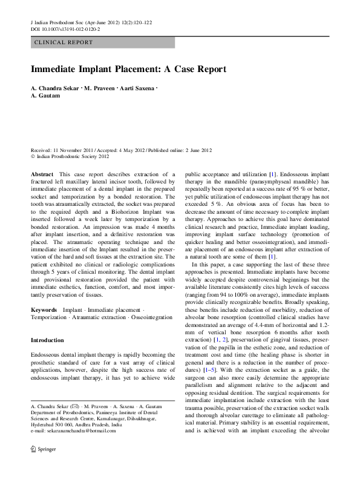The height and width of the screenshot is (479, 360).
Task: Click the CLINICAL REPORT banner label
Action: pyautogui.click(x=64, y=42)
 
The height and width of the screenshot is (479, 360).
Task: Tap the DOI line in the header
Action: pyautogui.click(x=65, y=28)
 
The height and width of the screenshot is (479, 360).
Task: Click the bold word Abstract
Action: pyautogui.click(x=42, y=174)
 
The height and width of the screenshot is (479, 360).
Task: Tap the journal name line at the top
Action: pyautogui.click(x=91, y=22)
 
